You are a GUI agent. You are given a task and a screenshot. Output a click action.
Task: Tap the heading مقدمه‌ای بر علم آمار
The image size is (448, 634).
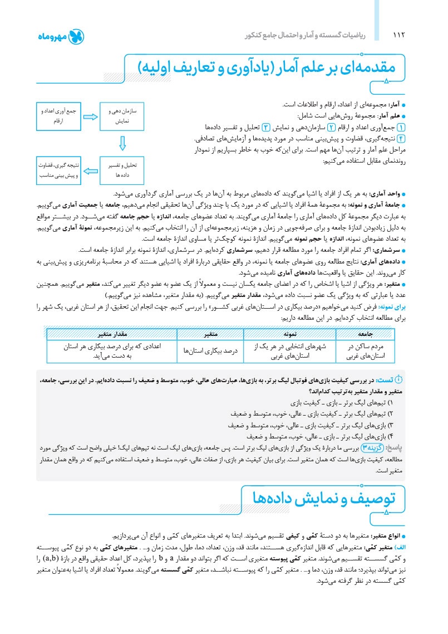click(273, 67)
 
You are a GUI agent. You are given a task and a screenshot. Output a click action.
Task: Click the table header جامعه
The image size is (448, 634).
click(366, 334)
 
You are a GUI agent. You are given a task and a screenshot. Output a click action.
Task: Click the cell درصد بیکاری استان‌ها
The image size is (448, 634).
click(210, 351)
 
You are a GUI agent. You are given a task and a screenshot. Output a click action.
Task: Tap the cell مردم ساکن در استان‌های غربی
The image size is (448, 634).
click(366, 351)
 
